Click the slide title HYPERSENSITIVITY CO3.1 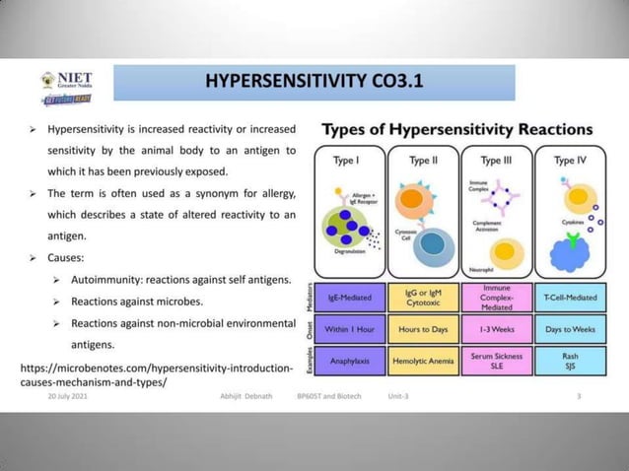(x=314, y=81)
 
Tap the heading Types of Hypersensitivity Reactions (x=456, y=130)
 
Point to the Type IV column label (x=570, y=159)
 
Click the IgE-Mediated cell (x=350, y=295)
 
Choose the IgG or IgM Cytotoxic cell (x=423, y=295)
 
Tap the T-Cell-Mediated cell (x=570, y=295)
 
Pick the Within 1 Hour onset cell (x=350, y=328)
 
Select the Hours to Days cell (x=423, y=328)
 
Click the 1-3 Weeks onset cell (x=497, y=328)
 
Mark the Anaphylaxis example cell (x=350, y=361)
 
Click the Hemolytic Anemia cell (x=423, y=361)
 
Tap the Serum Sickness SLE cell (x=497, y=361)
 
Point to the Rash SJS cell (x=570, y=361)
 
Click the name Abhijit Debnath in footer (x=251, y=396)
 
